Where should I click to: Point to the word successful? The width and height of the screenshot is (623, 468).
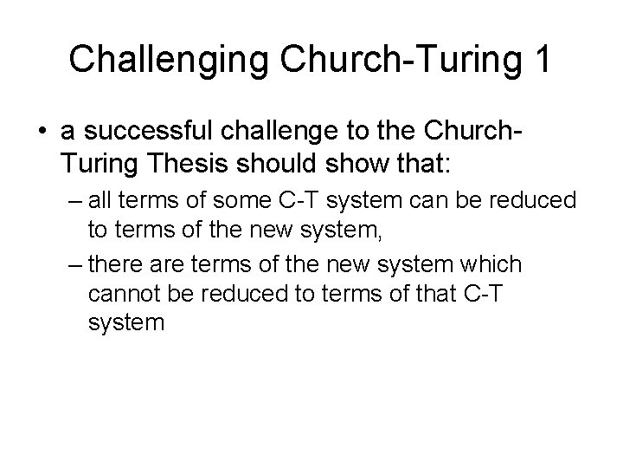tap(132, 131)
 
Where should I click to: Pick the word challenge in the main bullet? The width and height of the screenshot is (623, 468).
tap(269, 131)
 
